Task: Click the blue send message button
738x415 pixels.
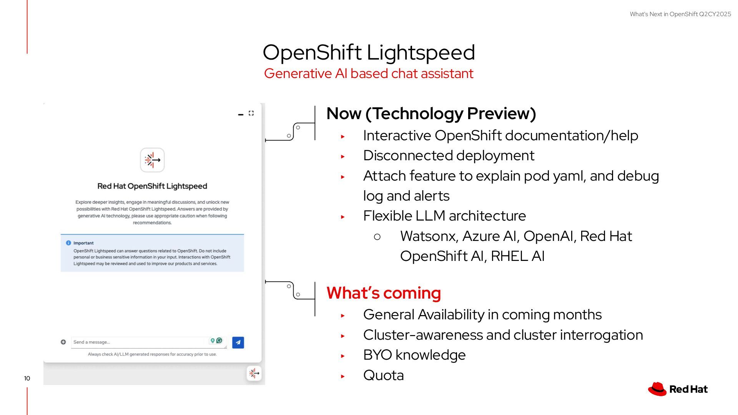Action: click(238, 342)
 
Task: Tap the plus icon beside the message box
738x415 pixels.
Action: click(63, 342)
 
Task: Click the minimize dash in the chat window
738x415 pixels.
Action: click(241, 114)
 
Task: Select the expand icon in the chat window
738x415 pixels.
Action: click(251, 113)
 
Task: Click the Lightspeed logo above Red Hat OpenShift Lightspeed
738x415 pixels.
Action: click(152, 160)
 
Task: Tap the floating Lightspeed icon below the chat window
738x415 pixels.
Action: click(254, 373)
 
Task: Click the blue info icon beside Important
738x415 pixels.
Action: click(68, 243)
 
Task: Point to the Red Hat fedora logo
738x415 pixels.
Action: click(657, 389)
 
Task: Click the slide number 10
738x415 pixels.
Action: click(27, 378)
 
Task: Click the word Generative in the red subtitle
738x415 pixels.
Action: click(298, 73)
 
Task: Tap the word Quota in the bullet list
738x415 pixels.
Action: click(383, 375)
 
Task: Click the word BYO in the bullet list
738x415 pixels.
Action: click(377, 355)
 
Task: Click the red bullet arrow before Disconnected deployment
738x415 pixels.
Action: click(343, 156)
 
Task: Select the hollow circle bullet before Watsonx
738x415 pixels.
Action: click(377, 237)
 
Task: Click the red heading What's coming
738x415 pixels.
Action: click(383, 293)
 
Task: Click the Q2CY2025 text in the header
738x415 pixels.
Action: click(715, 14)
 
